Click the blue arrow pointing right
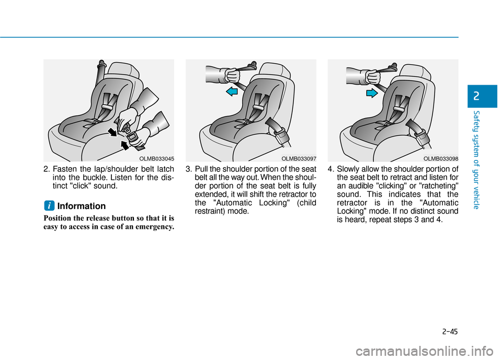tap(371, 93)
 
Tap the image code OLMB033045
tap(157, 157)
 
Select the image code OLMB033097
tap(299, 157)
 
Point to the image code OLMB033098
tap(441, 157)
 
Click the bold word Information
tap(81, 206)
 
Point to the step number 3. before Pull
tap(189, 169)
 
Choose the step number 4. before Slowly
tap(332, 169)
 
